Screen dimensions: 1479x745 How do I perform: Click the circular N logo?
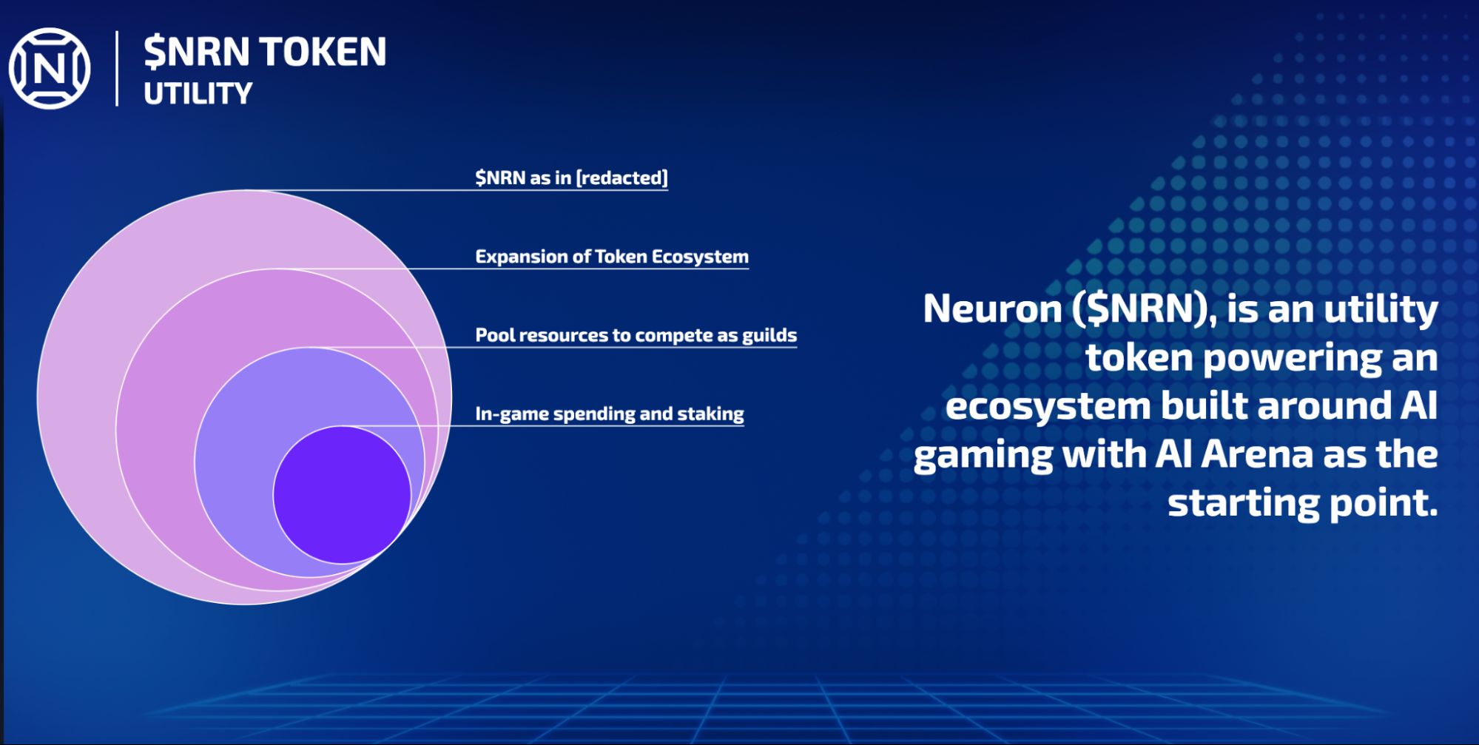pyautogui.click(x=50, y=69)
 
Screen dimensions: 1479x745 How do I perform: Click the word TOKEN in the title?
pyautogui.click(x=323, y=52)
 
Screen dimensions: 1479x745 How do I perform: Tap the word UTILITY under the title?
pyautogui.click(x=198, y=94)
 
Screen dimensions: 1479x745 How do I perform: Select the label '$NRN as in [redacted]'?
pyautogui.click(x=571, y=178)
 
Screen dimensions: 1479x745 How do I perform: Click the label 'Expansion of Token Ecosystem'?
pyautogui.click(x=612, y=257)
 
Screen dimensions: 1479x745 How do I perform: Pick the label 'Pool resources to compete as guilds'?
pyautogui.click(x=636, y=335)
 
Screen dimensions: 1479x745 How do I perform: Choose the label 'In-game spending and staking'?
pyautogui.click(x=610, y=414)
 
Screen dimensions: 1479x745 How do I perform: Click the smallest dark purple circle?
pyautogui.click(x=342, y=495)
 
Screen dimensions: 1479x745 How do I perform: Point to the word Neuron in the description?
pyautogui.click(x=992, y=309)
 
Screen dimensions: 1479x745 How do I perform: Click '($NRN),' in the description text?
pyautogui.click(x=1145, y=309)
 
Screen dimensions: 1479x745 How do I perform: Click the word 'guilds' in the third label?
pyautogui.click(x=769, y=335)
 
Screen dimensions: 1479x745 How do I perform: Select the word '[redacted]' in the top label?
pyautogui.click(x=622, y=178)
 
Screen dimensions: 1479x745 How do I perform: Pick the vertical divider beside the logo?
pyautogui.click(x=117, y=68)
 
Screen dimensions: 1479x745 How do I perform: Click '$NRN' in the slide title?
pyautogui.click(x=197, y=52)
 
